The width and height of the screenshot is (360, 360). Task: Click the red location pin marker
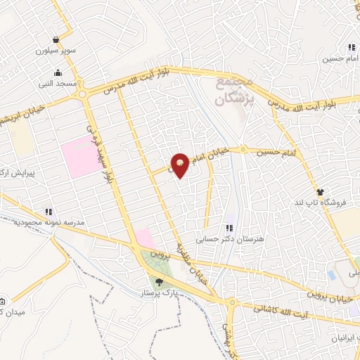180,165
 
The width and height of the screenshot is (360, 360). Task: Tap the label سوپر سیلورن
56,51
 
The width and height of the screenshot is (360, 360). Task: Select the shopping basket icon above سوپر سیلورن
56,40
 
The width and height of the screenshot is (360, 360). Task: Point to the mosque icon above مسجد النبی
56,72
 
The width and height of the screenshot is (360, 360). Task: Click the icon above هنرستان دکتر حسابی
229,228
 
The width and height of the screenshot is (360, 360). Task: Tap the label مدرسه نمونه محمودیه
49,221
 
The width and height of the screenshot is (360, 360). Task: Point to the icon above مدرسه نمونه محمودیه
49,210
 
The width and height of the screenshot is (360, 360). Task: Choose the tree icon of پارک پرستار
158,283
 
